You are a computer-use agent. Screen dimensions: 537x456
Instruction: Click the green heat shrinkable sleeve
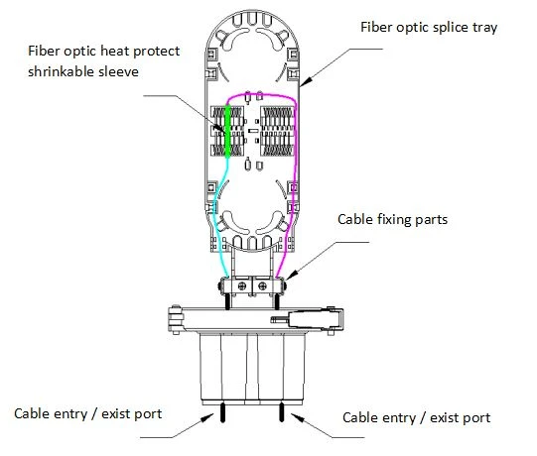click(227, 132)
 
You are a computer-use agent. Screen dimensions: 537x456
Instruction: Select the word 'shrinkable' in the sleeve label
click(61, 71)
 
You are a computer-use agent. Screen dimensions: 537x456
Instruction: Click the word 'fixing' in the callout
click(395, 220)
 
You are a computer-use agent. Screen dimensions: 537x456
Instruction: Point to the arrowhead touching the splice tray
click(307, 80)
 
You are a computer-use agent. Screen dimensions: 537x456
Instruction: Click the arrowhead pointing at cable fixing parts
click(292, 275)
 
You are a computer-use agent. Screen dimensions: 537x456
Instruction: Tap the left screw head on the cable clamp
click(242, 285)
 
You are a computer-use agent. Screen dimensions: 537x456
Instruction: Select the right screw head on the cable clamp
click(262, 285)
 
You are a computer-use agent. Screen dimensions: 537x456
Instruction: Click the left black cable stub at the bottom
click(222, 411)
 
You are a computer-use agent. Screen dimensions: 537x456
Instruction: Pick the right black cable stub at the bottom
click(282, 411)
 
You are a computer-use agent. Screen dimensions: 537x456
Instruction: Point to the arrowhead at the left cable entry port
click(207, 418)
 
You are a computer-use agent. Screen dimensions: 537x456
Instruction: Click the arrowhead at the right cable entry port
click(297, 418)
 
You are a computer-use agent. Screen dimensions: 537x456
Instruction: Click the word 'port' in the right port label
click(477, 418)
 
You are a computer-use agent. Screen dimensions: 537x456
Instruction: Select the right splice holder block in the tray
click(277, 132)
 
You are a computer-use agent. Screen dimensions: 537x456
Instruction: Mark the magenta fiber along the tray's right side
click(295, 171)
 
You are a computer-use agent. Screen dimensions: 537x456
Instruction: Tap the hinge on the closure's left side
click(176, 319)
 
